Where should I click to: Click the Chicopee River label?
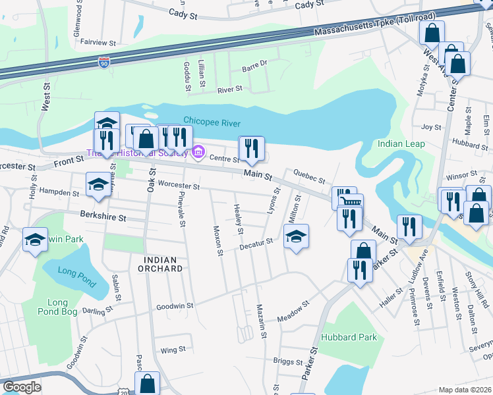point(212,122)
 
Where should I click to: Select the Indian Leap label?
point(401,144)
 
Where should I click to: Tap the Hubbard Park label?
point(349,337)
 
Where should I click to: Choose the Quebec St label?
point(309,176)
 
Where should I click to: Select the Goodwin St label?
point(175,306)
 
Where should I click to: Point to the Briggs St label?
point(287,360)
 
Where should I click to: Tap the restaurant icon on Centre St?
point(250,148)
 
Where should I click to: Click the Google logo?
point(21,387)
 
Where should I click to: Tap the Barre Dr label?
point(254,65)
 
